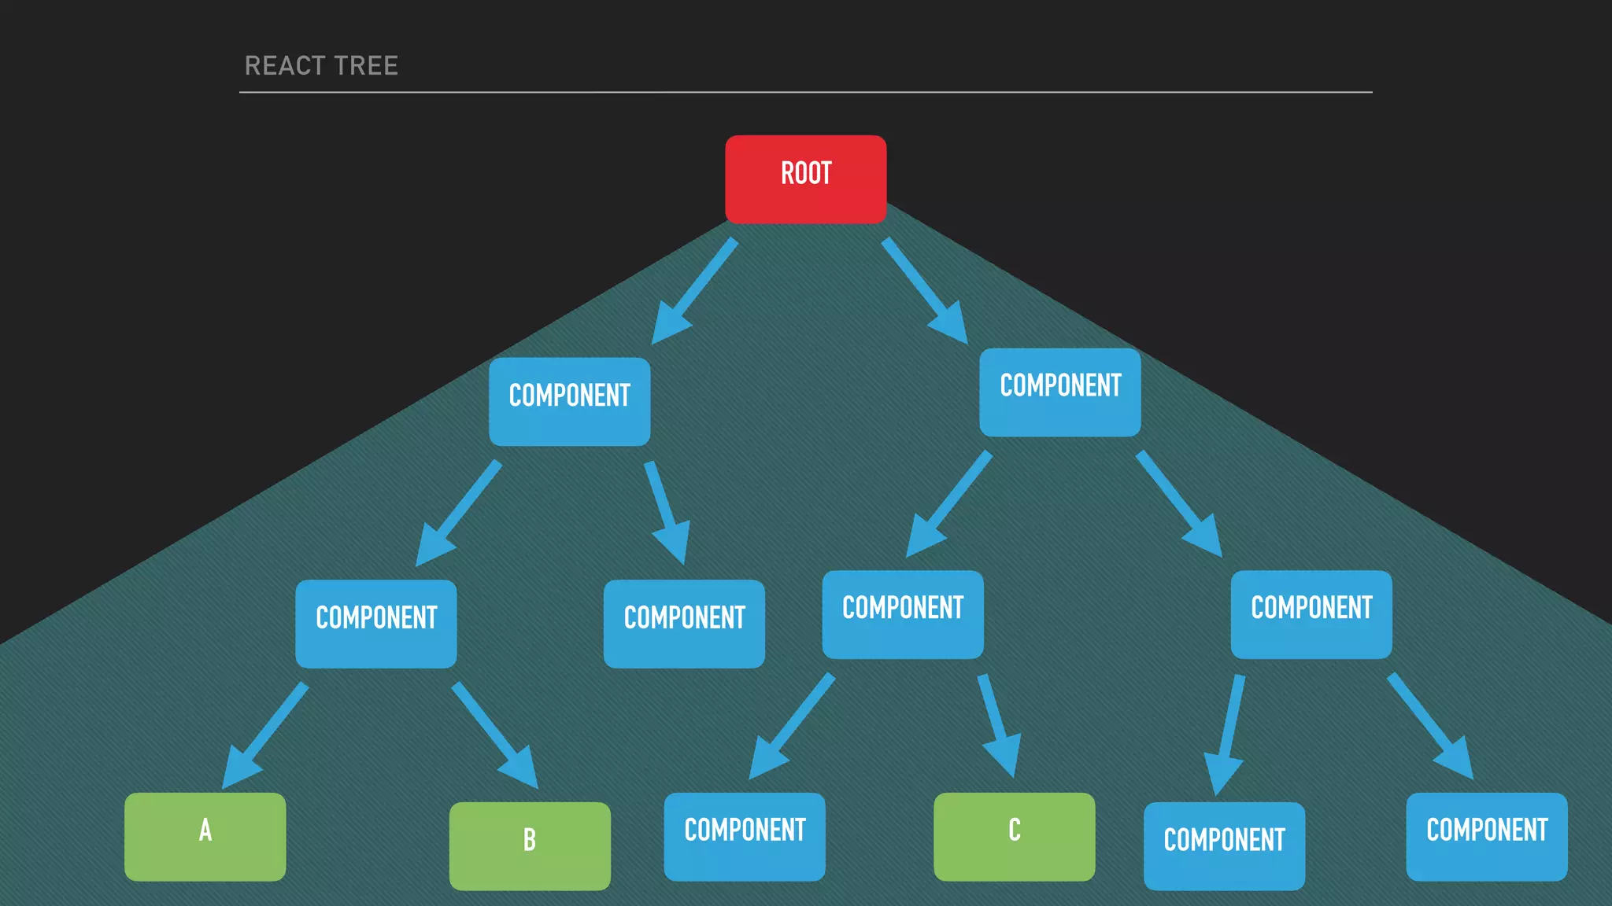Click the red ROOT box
[x=805, y=179]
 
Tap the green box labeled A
[x=205, y=836]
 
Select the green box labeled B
[x=530, y=845]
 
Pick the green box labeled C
[x=1014, y=836]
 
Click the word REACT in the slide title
[x=284, y=66]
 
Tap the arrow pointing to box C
[x=998, y=724]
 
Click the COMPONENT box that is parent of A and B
[x=376, y=624]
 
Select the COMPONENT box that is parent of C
[x=903, y=614]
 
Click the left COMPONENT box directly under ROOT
[x=569, y=401]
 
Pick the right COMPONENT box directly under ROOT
[x=1059, y=392]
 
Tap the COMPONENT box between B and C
[x=745, y=836]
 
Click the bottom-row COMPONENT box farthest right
[x=1486, y=836]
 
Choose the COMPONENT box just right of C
[x=1224, y=845]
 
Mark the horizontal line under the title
[x=805, y=92]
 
